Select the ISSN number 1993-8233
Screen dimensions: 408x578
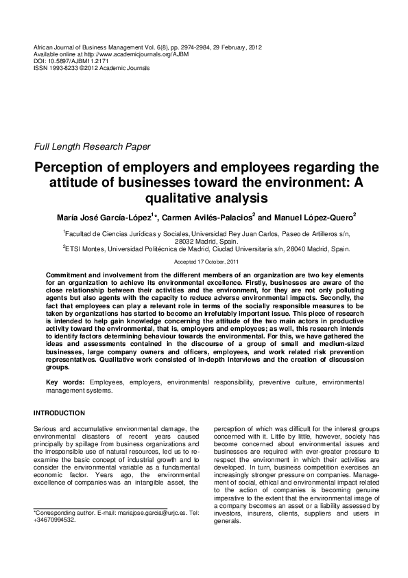click(x=65, y=68)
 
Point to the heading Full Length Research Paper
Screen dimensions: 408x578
click(x=87, y=147)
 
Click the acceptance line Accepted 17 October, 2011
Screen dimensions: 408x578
click(x=204, y=262)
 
